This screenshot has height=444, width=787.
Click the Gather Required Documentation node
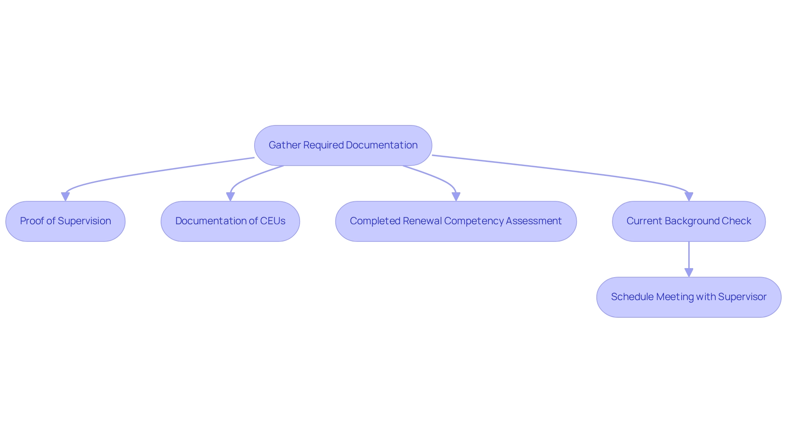pyautogui.click(x=343, y=146)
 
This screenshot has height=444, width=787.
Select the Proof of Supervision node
pyautogui.click(x=65, y=221)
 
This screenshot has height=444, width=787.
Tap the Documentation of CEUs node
pyautogui.click(x=230, y=221)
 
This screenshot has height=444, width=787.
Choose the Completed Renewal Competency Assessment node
pyautogui.click(x=456, y=221)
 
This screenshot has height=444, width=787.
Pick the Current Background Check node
pyautogui.click(x=689, y=221)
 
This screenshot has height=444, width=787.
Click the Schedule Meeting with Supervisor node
pyautogui.click(x=689, y=297)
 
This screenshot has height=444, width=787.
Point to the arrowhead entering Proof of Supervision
pyautogui.click(x=65, y=197)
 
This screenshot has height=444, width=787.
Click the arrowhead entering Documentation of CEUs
pyautogui.click(x=230, y=197)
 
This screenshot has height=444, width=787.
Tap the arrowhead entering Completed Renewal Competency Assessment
pyautogui.click(x=456, y=197)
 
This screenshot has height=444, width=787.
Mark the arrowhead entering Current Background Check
pyautogui.click(x=689, y=197)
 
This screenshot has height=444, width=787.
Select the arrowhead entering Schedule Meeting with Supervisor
pyautogui.click(x=689, y=273)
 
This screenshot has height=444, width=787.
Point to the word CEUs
pyautogui.click(x=273, y=221)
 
